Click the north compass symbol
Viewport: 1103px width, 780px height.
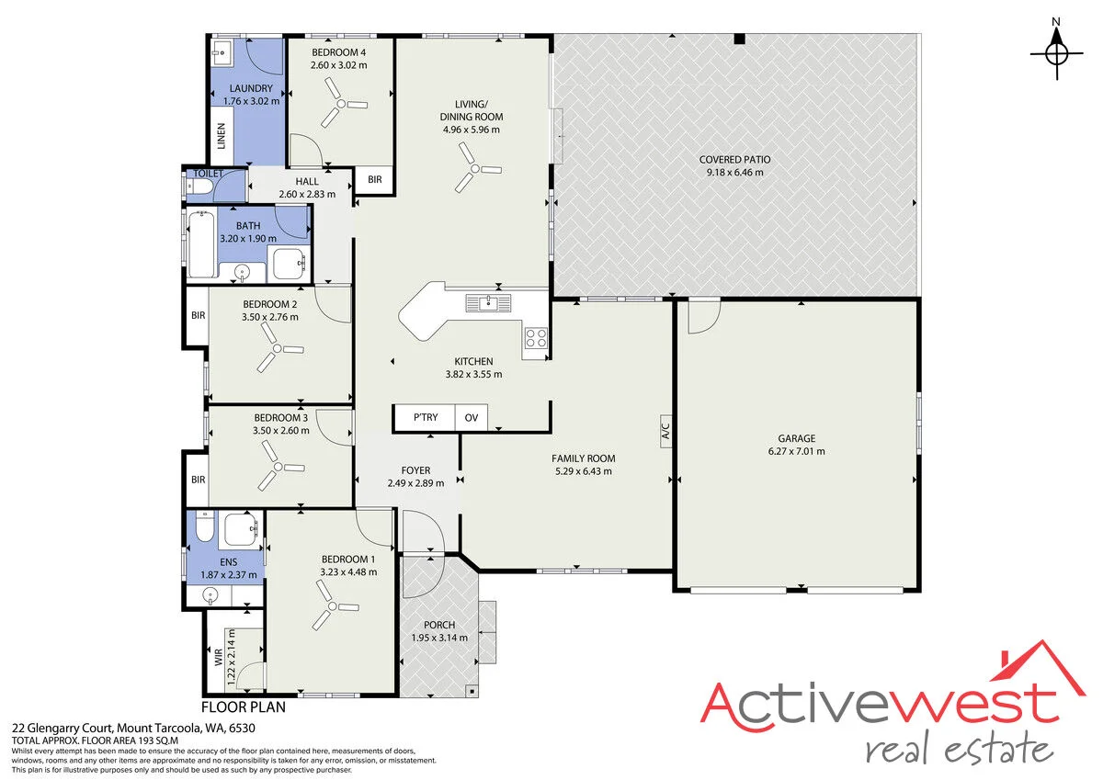click(x=1056, y=53)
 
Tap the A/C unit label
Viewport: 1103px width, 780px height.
click(x=665, y=431)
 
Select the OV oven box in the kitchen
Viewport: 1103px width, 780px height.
click(x=472, y=418)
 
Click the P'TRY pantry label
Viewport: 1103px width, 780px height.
click(x=426, y=417)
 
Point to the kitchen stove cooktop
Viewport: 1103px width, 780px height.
click(x=536, y=338)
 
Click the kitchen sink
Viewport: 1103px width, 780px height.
click(x=488, y=303)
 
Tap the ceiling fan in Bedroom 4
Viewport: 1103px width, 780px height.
click(x=341, y=103)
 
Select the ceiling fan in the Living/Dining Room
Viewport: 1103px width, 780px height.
click(x=474, y=168)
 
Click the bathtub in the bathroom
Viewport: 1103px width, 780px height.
click(x=201, y=244)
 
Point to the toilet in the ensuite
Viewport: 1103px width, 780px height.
click(x=204, y=526)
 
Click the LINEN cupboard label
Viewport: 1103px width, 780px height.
click(x=222, y=136)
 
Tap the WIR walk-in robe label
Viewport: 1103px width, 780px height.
click(x=219, y=657)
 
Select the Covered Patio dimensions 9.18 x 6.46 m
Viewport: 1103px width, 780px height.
click(x=735, y=172)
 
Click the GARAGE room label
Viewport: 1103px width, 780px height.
click(x=797, y=438)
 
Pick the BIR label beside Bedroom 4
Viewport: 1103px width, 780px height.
click(x=375, y=180)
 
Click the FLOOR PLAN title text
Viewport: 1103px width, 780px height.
click(x=244, y=707)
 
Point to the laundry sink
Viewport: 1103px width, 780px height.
click(x=220, y=51)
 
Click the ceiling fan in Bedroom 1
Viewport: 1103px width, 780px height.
click(x=334, y=605)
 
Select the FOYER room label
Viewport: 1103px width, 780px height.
click(x=415, y=470)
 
